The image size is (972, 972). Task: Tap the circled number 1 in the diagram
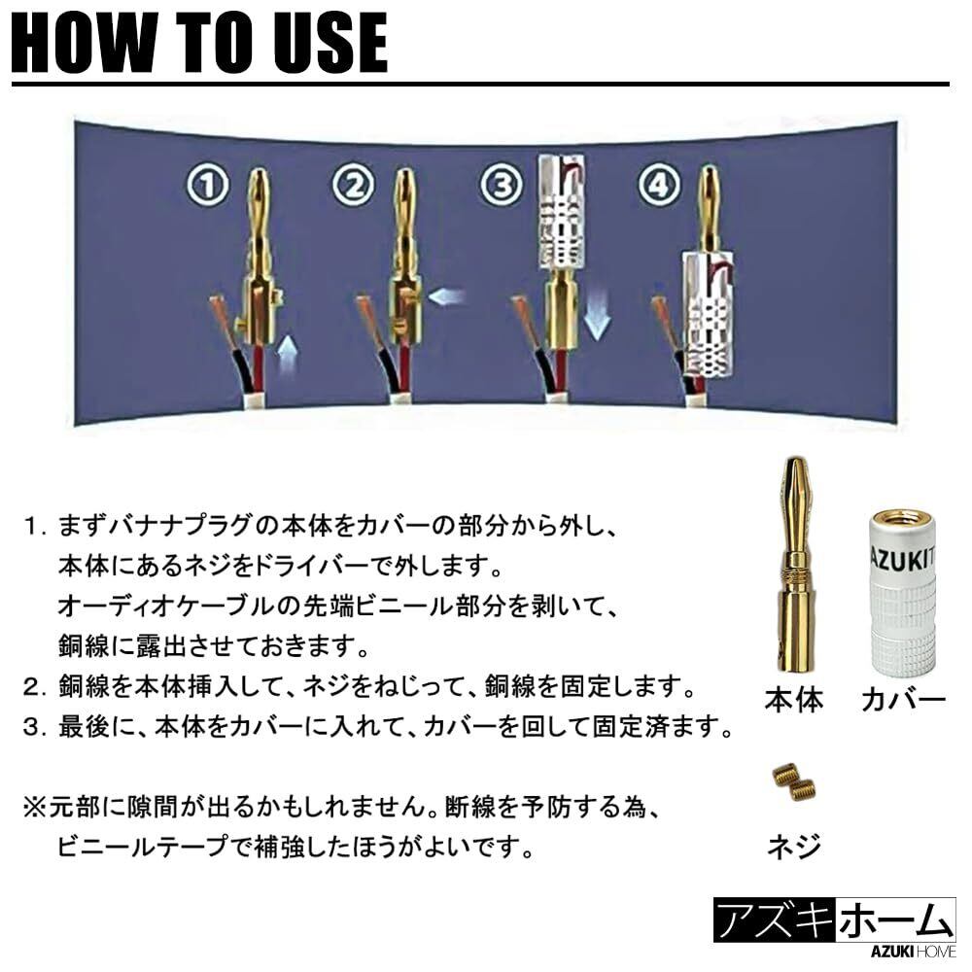point(208,186)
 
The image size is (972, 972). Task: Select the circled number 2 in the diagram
point(354,186)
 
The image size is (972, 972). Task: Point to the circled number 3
point(501,186)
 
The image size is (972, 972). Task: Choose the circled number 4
point(659,186)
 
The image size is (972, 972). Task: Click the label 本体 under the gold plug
point(793,699)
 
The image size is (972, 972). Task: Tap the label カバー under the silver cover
point(903,699)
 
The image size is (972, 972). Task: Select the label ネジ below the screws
point(794,845)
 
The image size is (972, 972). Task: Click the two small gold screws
point(793,782)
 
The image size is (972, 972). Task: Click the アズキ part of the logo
point(774,920)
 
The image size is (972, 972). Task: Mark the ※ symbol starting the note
point(35,807)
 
